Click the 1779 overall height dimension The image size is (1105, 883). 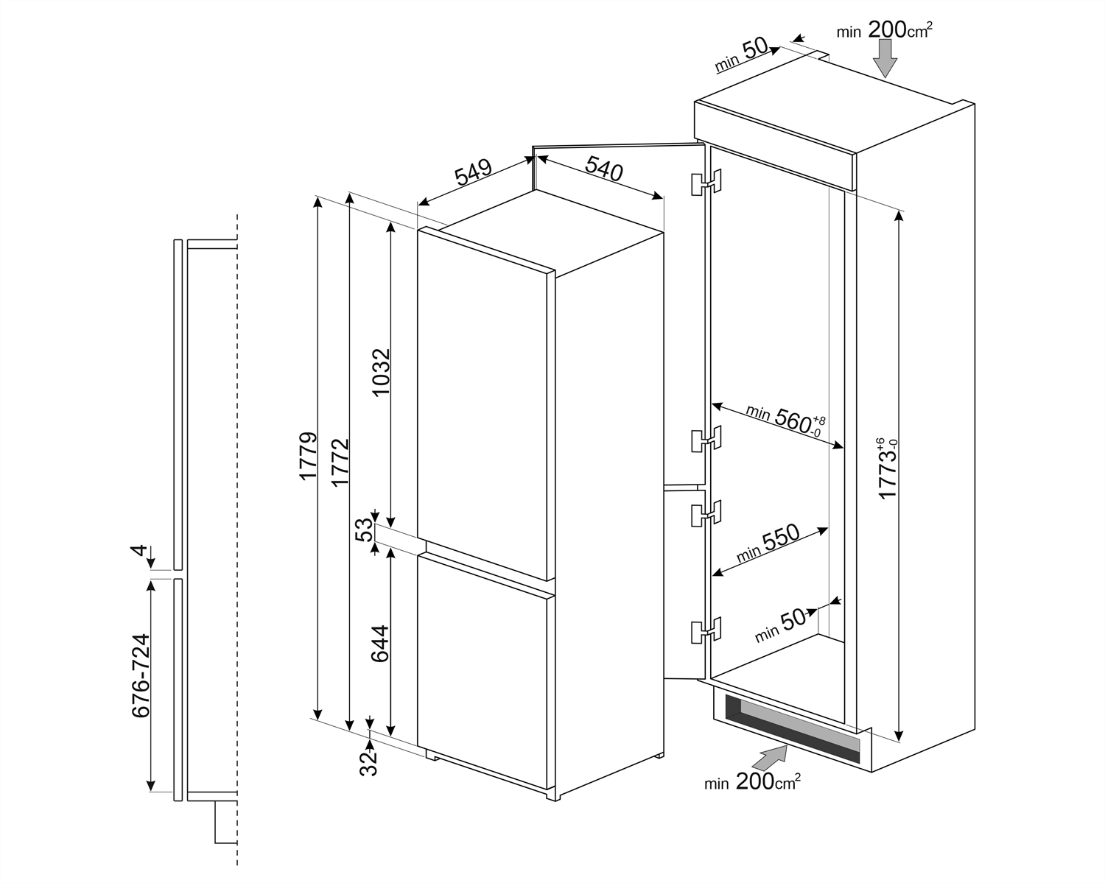click(x=308, y=457)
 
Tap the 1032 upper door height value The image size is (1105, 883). click(x=381, y=372)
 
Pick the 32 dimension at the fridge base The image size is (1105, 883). click(x=368, y=761)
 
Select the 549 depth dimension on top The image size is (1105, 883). click(x=473, y=175)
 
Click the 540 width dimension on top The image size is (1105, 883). click(x=604, y=170)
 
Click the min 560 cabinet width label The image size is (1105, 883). click(x=785, y=419)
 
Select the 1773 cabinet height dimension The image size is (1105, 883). click(x=888, y=468)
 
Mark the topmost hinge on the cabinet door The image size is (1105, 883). click(x=706, y=183)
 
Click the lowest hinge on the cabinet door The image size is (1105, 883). click(x=706, y=630)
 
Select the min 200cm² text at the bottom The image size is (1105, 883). click(x=752, y=782)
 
